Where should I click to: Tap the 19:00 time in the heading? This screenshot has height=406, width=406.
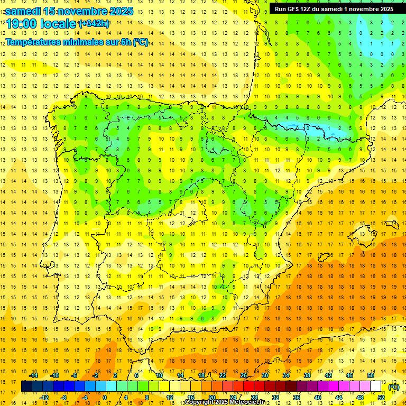click(x=22, y=24)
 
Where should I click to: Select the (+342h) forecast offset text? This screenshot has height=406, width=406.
click(x=94, y=24)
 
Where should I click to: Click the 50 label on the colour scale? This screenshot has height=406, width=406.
click(x=371, y=375)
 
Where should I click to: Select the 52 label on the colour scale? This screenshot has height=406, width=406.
click(x=381, y=398)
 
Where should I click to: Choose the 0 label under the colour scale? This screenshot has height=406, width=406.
click(x=105, y=398)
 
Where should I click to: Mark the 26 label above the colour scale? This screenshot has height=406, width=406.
click(x=244, y=375)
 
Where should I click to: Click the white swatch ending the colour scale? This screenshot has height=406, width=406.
click(x=375, y=386)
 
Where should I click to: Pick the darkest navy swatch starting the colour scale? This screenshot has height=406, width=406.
click(x=26, y=386)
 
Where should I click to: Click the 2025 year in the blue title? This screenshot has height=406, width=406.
click(x=119, y=11)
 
